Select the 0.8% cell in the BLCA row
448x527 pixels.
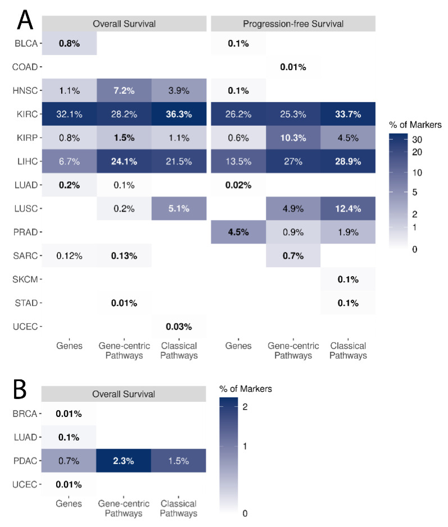[69, 43]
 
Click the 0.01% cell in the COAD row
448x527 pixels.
[292, 67]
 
